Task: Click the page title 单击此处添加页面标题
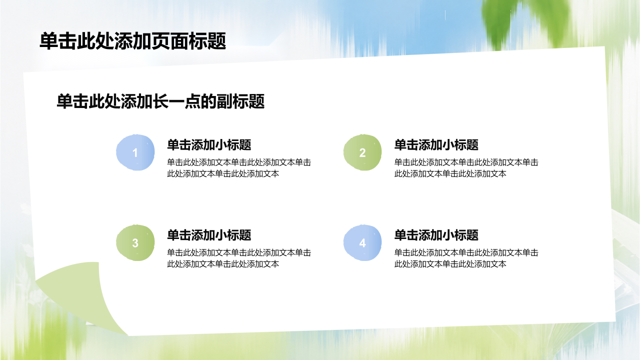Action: click(133, 41)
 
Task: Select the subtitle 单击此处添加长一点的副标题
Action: click(160, 101)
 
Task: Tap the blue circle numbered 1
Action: click(135, 152)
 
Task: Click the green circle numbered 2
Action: click(362, 152)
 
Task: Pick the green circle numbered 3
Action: click(135, 242)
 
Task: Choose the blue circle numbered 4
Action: click(362, 242)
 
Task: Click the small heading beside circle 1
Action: click(209, 145)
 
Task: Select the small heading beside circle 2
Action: click(436, 145)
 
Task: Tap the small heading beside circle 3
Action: click(209, 235)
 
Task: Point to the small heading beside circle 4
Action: click(436, 235)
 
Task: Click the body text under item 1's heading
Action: click(239, 168)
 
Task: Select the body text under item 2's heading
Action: click(466, 168)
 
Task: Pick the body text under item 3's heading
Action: click(239, 258)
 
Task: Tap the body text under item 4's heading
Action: click(466, 258)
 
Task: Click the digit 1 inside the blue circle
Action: click(135, 153)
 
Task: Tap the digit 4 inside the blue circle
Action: click(362, 243)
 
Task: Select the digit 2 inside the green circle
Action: click(362, 153)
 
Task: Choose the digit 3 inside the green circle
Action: click(135, 243)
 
